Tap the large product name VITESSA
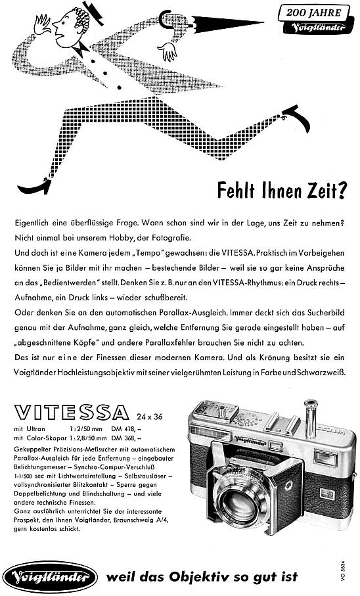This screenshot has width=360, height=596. (x=70, y=412)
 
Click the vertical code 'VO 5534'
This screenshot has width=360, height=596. (x=345, y=574)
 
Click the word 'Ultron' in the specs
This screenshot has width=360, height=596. (x=35, y=428)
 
